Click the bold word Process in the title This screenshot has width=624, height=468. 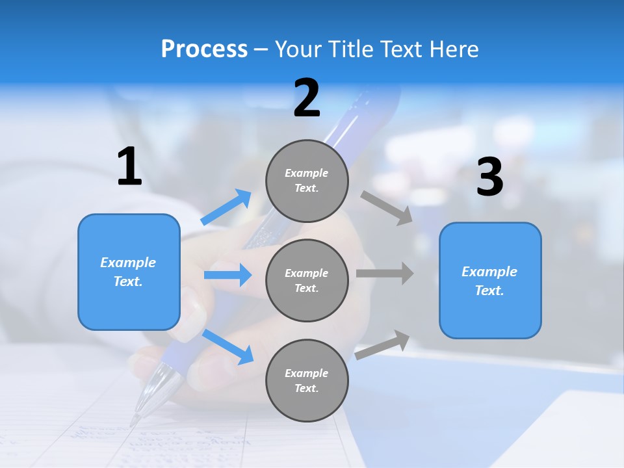tap(204, 49)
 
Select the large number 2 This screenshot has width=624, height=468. tap(307, 98)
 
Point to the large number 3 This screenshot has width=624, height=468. tap(489, 177)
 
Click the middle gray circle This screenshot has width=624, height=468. tap(307, 280)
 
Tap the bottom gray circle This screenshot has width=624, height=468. tap(307, 380)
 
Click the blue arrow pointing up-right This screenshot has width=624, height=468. tap(227, 207)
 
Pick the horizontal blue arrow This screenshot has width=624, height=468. tap(227, 275)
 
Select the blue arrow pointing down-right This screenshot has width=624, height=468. tap(227, 346)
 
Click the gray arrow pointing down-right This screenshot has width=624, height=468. tap(387, 207)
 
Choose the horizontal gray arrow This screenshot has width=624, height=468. tap(385, 273)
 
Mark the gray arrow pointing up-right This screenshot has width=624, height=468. tap(383, 344)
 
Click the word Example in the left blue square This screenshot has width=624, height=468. tap(128, 263)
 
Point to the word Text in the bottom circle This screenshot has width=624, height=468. tap(306, 388)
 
